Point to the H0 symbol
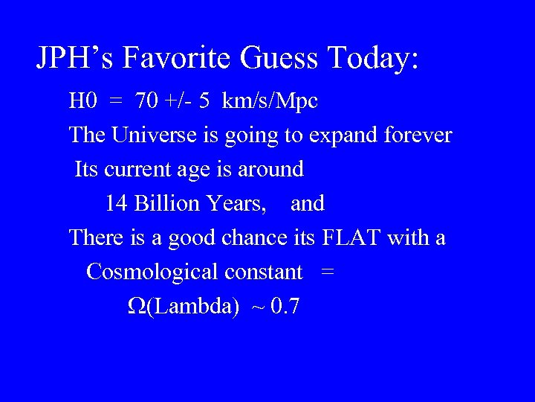coord(80,101)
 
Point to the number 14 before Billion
coord(117,203)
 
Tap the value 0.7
coord(285,306)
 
